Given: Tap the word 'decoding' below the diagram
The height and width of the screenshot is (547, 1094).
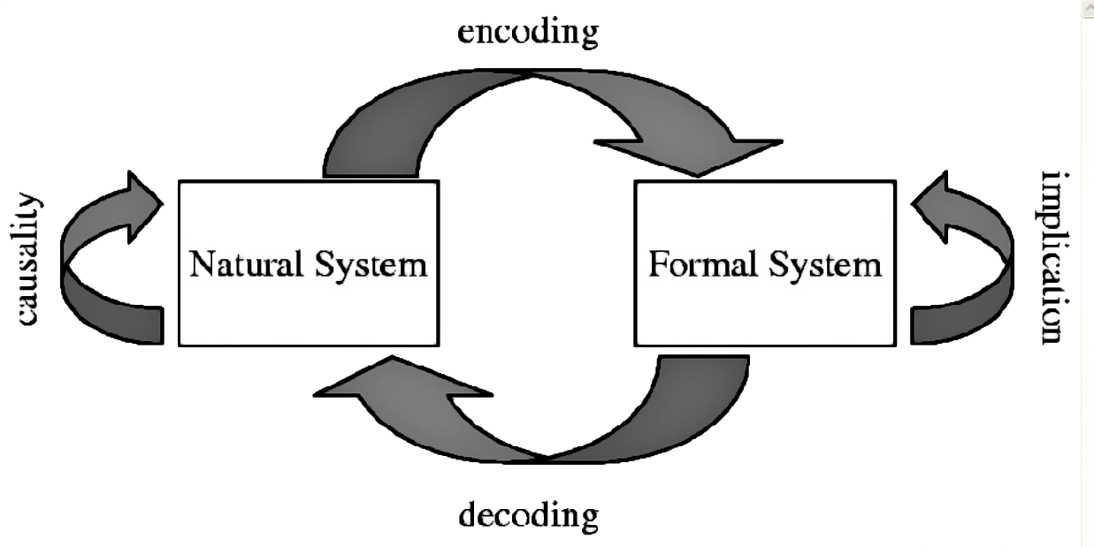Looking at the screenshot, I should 528,513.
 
